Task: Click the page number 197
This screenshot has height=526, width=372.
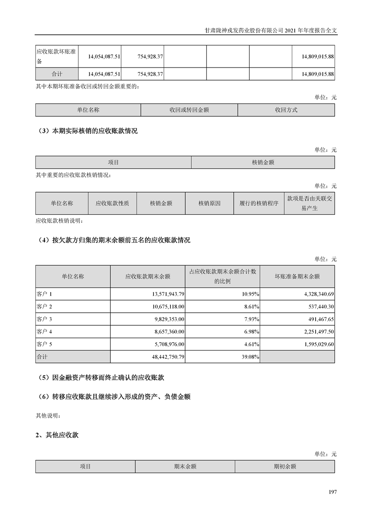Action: pos(333,492)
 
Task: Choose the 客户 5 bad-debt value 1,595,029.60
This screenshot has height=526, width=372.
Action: pos(313,344)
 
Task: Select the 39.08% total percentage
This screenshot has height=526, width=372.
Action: pos(249,357)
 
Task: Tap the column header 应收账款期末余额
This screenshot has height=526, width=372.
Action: pos(148,277)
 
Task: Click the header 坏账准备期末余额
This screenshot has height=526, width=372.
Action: pos(297,277)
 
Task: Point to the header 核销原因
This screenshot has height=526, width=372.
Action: pos(209,203)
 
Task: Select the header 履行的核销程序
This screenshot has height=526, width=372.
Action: pos(258,203)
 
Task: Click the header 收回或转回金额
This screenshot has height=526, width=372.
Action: pos(189,110)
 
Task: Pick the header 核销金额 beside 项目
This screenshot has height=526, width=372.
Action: pos(263,162)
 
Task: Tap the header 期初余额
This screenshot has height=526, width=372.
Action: pos(285,466)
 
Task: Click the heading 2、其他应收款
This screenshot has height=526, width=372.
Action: pos(57,435)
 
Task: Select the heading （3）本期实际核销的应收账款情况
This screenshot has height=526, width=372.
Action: pos(87,131)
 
